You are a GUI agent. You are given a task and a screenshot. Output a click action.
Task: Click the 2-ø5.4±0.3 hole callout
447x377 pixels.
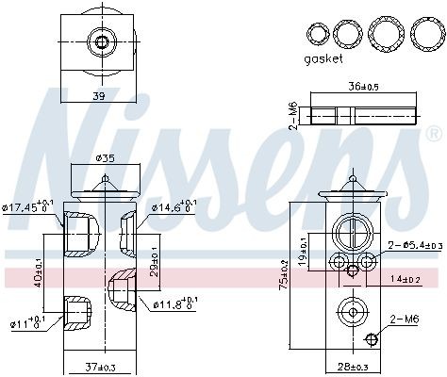coord(414,246)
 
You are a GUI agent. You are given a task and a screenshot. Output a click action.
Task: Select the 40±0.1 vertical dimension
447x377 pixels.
coord(39,274)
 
